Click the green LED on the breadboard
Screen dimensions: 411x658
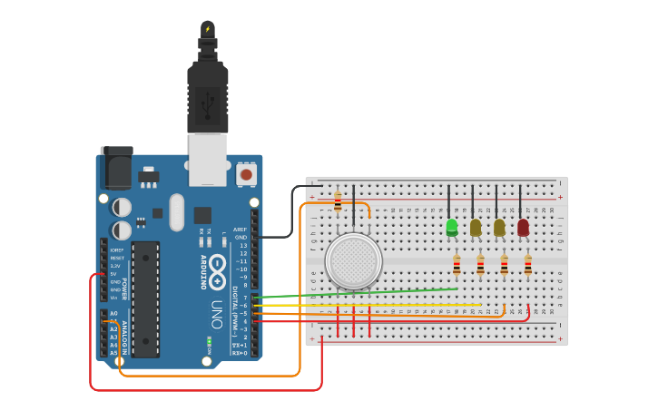tap(451, 227)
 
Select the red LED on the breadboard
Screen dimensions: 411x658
tap(523, 227)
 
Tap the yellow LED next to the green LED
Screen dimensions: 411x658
tap(475, 227)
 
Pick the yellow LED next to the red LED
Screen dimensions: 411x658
tap(499, 227)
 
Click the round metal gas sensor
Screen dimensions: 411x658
tap(353, 261)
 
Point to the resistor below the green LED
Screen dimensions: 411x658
tap(457, 265)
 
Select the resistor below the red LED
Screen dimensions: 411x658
tap(527, 265)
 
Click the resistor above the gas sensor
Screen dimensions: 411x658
tap(338, 202)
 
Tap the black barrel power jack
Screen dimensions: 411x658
tap(115, 167)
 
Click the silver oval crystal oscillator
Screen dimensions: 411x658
tap(177, 212)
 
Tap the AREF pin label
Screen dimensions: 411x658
tap(240, 230)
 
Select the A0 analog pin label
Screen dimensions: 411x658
tap(113, 313)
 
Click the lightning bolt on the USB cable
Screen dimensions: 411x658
tap(208, 29)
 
